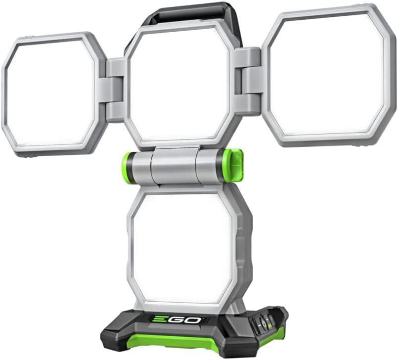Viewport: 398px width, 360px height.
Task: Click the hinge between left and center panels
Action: [x=115, y=89]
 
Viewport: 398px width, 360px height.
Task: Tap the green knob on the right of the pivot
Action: [x=232, y=165]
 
